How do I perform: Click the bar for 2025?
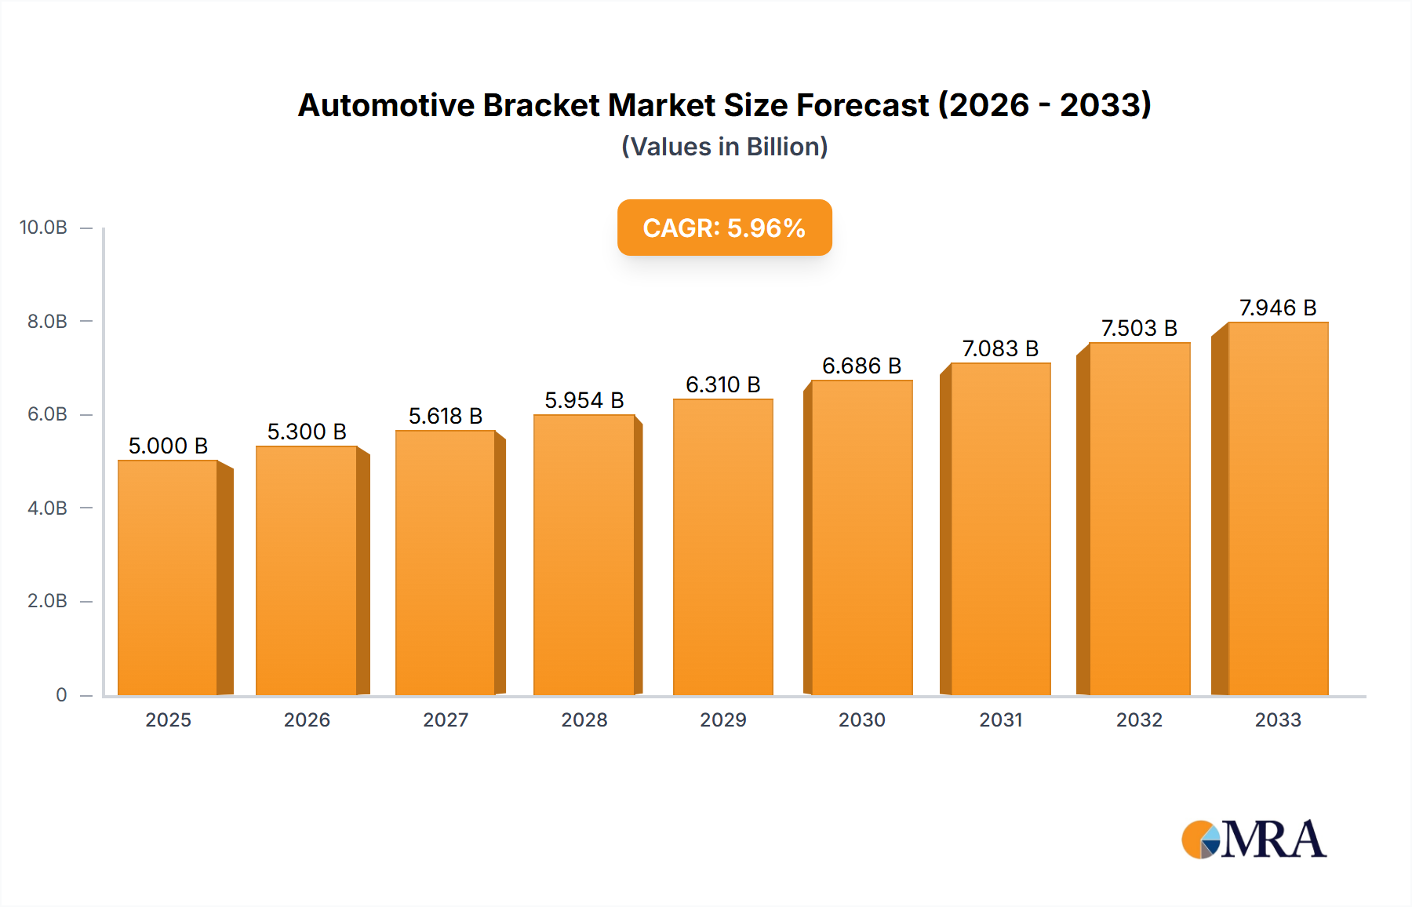click(x=168, y=577)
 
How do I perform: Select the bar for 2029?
click(x=722, y=547)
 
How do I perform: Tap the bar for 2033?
click(x=1278, y=508)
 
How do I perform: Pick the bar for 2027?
click(x=446, y=563)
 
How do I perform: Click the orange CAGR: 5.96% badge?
click(x=724, y=228)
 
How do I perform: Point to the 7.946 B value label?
click(x=1278, y=308)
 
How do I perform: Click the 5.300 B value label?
click(x=307, y=432)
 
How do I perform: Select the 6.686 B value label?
click(x=861, y=366)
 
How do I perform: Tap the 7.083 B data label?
click(x=1000, y=348)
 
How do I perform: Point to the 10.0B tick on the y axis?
click(x=43, y=228)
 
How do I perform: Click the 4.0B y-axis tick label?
click(x=47, y=508)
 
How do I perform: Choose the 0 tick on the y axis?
click(x=61, y=694)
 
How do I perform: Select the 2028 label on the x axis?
click(x=584, y=719)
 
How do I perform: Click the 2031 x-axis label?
click(x=1000, y=719)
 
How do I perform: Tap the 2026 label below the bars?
click(x=307, y=719)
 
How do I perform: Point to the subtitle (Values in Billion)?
click(x=724, y=147)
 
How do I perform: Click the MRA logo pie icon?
click(x=1200, y=840)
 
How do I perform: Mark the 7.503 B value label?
click(x=1139, y=328)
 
